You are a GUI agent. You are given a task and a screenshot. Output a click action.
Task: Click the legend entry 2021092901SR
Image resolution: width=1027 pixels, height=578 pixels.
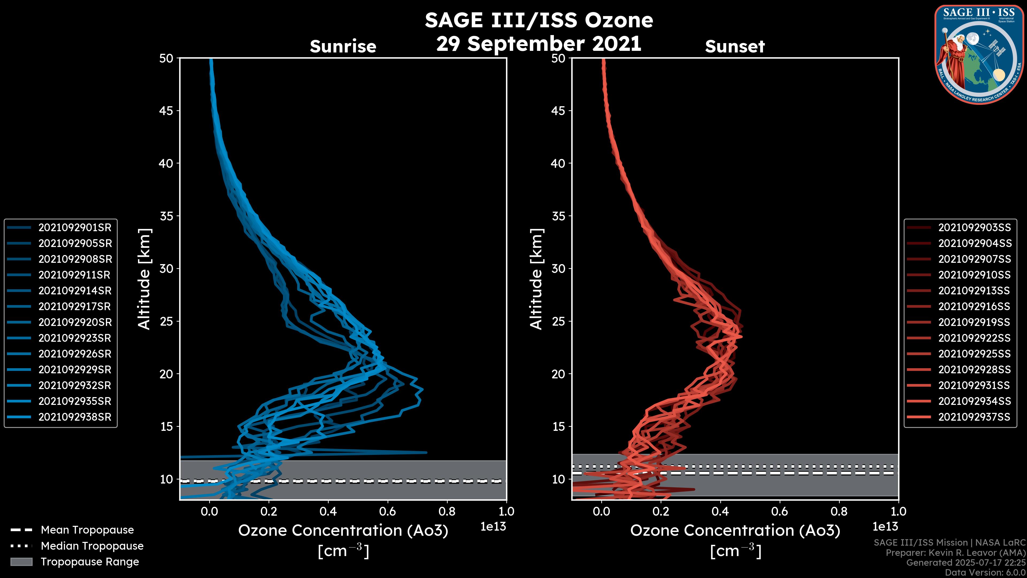75,227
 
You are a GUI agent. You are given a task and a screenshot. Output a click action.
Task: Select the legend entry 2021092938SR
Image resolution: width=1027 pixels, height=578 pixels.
75,417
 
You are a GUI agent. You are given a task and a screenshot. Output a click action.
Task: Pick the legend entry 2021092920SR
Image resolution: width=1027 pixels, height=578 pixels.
75,322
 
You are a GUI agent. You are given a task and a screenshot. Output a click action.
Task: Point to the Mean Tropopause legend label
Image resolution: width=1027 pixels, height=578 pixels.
87,530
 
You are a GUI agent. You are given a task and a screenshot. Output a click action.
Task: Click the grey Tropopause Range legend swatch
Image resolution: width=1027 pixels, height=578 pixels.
21,562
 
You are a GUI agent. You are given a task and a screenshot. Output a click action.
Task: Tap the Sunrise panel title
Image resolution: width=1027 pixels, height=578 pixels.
343,47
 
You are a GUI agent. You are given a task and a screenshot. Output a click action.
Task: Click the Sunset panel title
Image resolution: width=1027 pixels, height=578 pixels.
735,47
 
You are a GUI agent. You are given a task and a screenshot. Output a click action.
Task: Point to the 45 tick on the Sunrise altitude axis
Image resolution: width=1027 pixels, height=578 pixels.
166,111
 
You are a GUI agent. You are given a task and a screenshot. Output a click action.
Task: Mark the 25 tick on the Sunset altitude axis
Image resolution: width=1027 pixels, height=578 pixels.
558,321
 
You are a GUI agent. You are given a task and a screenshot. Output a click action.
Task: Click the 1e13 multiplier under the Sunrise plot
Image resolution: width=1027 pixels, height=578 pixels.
493,527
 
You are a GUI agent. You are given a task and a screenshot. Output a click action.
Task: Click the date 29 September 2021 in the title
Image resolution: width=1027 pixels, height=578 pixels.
539,43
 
